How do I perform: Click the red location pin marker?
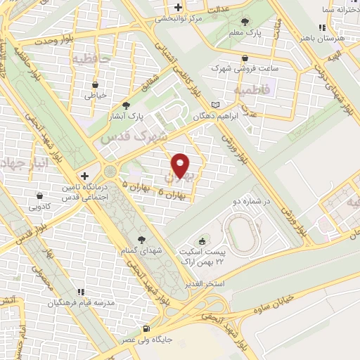pos(181,165)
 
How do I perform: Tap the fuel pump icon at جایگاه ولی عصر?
pos(146,329)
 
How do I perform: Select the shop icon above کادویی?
pos(39,195)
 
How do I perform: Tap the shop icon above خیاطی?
pos(95,83)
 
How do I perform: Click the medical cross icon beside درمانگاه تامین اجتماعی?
pos(84,176)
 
